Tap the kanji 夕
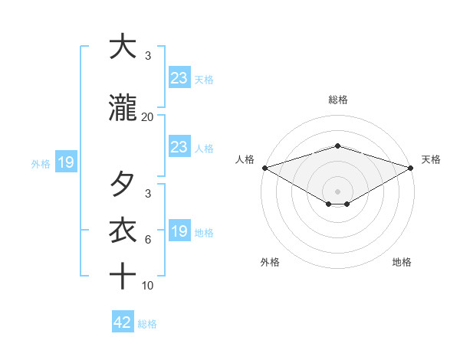[123, 185]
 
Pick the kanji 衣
[123, 230]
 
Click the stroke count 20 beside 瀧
[147, 117]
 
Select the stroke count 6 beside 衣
[148, 240]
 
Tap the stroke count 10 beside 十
[148, 286]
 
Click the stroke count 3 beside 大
[148, 56]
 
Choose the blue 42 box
[123, 322]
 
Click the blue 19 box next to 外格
[65, 162]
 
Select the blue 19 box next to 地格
[179, 231]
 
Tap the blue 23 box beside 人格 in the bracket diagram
[179, 147]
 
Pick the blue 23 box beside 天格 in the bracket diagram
[179, 77]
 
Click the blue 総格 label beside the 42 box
[148, 324]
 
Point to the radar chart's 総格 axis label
[338, 100]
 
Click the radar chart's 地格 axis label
[402, 263]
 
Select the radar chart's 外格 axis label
[270, 263]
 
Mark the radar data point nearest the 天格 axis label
[412, 168]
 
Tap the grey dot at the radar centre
[338, 191]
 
